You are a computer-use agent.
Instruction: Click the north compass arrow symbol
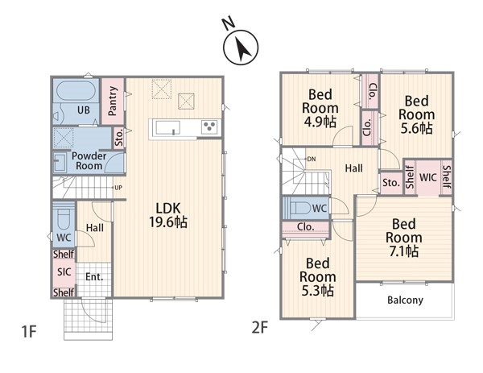241,48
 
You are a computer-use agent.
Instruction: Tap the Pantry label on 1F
113,101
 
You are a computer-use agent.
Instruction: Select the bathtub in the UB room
76,90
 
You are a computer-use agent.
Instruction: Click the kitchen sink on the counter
167,127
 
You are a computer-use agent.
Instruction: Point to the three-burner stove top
210,127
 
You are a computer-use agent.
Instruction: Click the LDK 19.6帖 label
168,215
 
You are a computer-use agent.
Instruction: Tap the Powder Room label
89,160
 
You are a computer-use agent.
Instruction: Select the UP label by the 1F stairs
118,188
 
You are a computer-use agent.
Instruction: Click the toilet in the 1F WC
64,219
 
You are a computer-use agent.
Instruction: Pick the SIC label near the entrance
64,271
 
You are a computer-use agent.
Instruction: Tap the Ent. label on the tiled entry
94,277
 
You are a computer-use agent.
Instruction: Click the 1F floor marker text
29,332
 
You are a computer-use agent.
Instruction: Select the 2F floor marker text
260,327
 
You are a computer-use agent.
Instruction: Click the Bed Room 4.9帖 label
320,108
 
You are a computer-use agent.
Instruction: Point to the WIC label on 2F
428,177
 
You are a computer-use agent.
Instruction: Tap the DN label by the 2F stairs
312,159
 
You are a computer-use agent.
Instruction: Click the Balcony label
405,300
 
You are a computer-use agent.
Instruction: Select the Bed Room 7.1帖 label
404,238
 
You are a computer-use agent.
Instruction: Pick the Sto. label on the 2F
391,183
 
